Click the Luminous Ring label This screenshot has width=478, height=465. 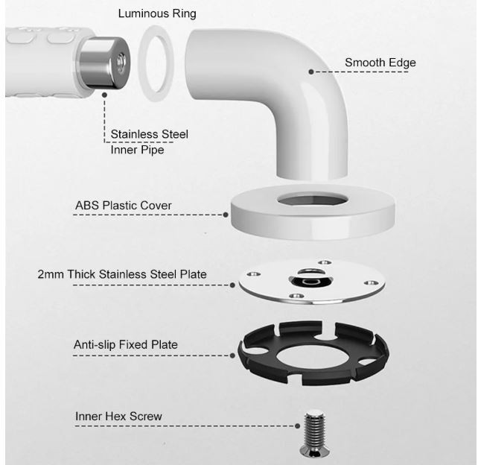click(157, 13)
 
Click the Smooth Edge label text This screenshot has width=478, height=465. click(380, 63)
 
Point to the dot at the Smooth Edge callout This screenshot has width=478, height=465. click(311, 72)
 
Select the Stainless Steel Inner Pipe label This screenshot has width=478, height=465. click(149, 142)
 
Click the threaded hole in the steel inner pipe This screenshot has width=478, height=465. click(121, 60)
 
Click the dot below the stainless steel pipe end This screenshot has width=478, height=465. click(104, 95)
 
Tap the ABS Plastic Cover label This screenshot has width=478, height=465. click(123, 206)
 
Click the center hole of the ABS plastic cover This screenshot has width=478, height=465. click(312, 200)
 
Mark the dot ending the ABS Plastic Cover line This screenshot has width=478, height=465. click(226, 215)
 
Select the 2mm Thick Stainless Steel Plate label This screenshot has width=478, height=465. click(122, 274)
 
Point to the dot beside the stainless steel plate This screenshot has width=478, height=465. click(232, 285)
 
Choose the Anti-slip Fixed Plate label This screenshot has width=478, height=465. click(126, 344)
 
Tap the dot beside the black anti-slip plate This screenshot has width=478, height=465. click(232, 355)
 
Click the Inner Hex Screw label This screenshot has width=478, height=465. click(118, 416)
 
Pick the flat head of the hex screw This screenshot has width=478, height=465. click(315, 452)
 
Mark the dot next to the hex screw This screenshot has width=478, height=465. click(298, 426)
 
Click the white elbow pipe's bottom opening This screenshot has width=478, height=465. click(312, 177)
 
